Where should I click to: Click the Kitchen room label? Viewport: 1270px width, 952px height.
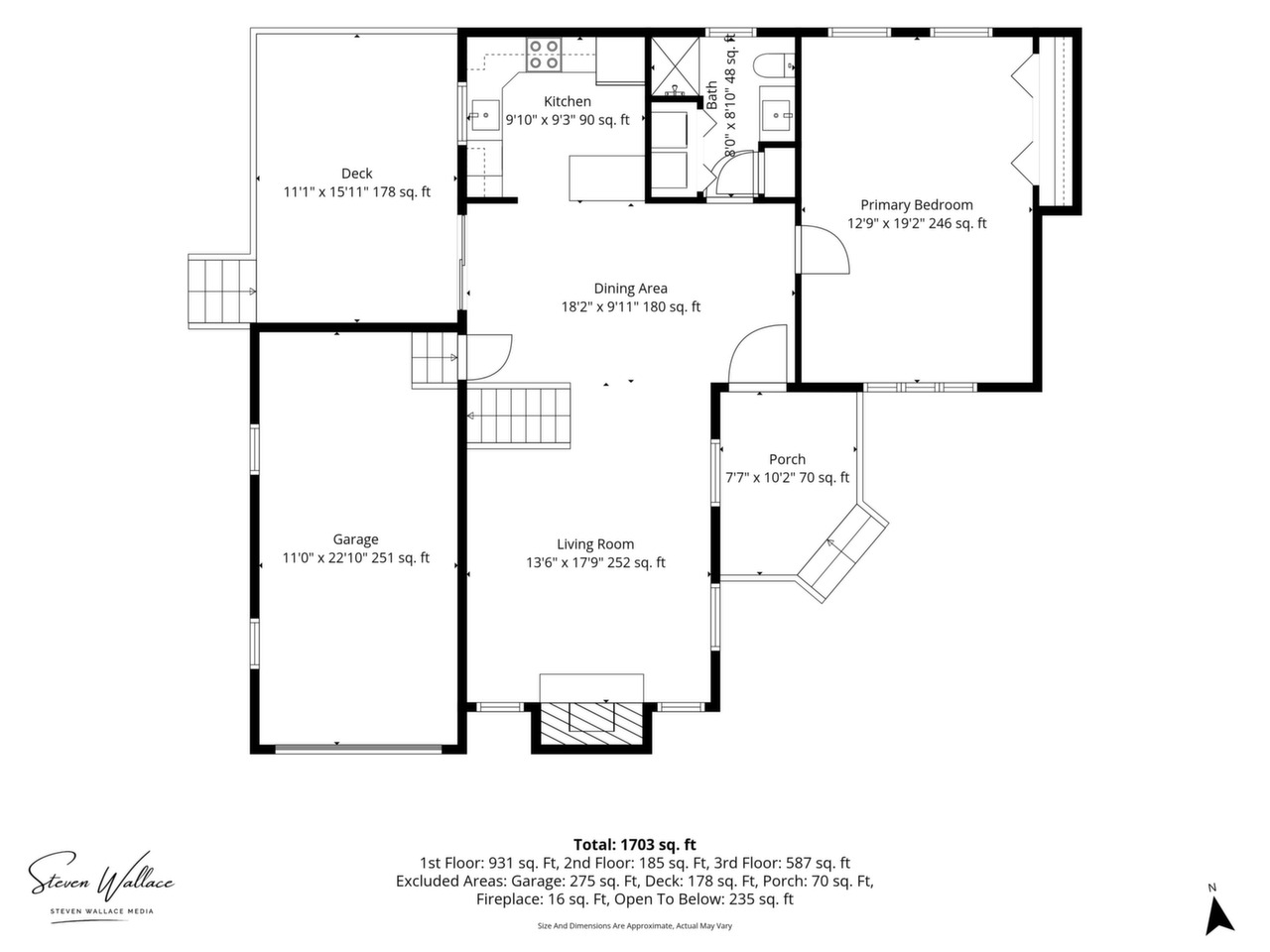pyautogui.click(x=567, y=102)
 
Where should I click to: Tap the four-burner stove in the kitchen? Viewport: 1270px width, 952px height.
pyautogui.click(x=544, y=55)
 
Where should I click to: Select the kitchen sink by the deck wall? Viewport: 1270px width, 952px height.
pyautogui.click(x=484, y=115)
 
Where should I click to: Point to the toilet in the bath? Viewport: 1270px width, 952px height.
pyautogui.click(x=774, y=64)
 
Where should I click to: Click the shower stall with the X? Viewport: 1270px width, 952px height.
pyautogui.click(x=676, y=65)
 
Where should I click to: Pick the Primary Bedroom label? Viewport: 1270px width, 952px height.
pyautogui.click(x=917, y=205)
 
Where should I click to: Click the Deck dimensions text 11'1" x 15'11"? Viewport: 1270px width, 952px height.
pyautogui.click(x=325, y=192)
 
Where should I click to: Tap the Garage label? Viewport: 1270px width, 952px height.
pyautogui.click(x=355, y=539)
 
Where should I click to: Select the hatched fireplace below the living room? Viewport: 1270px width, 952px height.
pyautogui.click(x=591, y=723)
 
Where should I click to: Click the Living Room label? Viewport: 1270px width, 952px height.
pyautogui.click(x=595, y=543)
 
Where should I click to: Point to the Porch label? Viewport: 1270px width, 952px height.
pyautogui.click(x=787, y=459)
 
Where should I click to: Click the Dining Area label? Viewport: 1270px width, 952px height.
pyautogui.click(x=630, y=288)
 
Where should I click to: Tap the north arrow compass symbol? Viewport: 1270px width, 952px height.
pyautogui.click(x=1220, y=919)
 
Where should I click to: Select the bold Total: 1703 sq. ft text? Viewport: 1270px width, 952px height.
pyautogui.click(x=635, y=845)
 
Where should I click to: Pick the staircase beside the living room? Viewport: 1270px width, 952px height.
pyautogui.click(x=519, y=416)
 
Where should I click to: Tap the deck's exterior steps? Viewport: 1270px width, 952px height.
pyautogui.click(x=222, y=292)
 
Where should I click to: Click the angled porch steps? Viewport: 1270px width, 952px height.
pyautogui.click(x=843, y=552)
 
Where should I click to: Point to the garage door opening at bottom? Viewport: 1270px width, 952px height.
pyautogui.click(x=358, y=749)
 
